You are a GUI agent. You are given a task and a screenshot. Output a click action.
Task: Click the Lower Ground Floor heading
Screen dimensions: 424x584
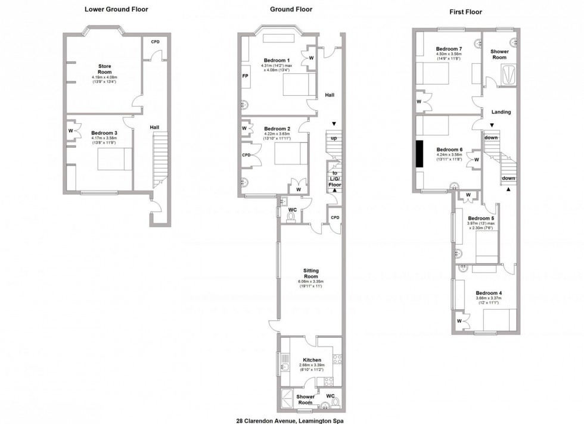(116, 10)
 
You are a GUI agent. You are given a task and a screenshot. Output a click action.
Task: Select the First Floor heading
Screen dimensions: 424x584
(466, 12)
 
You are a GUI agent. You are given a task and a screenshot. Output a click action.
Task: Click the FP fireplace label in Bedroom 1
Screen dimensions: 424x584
(245, 77)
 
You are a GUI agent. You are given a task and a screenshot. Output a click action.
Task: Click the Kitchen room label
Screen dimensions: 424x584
(312, 360)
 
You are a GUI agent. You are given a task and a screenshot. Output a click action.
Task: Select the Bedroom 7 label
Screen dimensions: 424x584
(449, 49)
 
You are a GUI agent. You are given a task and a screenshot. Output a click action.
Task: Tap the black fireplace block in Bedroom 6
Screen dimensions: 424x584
(420, 154)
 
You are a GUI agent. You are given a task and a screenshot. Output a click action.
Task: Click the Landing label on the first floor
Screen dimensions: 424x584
(501, 112)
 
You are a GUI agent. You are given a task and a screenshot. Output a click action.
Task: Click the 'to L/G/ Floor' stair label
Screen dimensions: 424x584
(334, 179)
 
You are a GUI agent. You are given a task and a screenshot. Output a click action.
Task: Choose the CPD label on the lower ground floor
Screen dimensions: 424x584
(155, 42)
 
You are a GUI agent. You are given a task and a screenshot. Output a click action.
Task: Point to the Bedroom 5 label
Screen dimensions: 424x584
(480, 219)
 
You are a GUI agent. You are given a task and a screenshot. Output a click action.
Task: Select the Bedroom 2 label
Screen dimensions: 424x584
(277, 129)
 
